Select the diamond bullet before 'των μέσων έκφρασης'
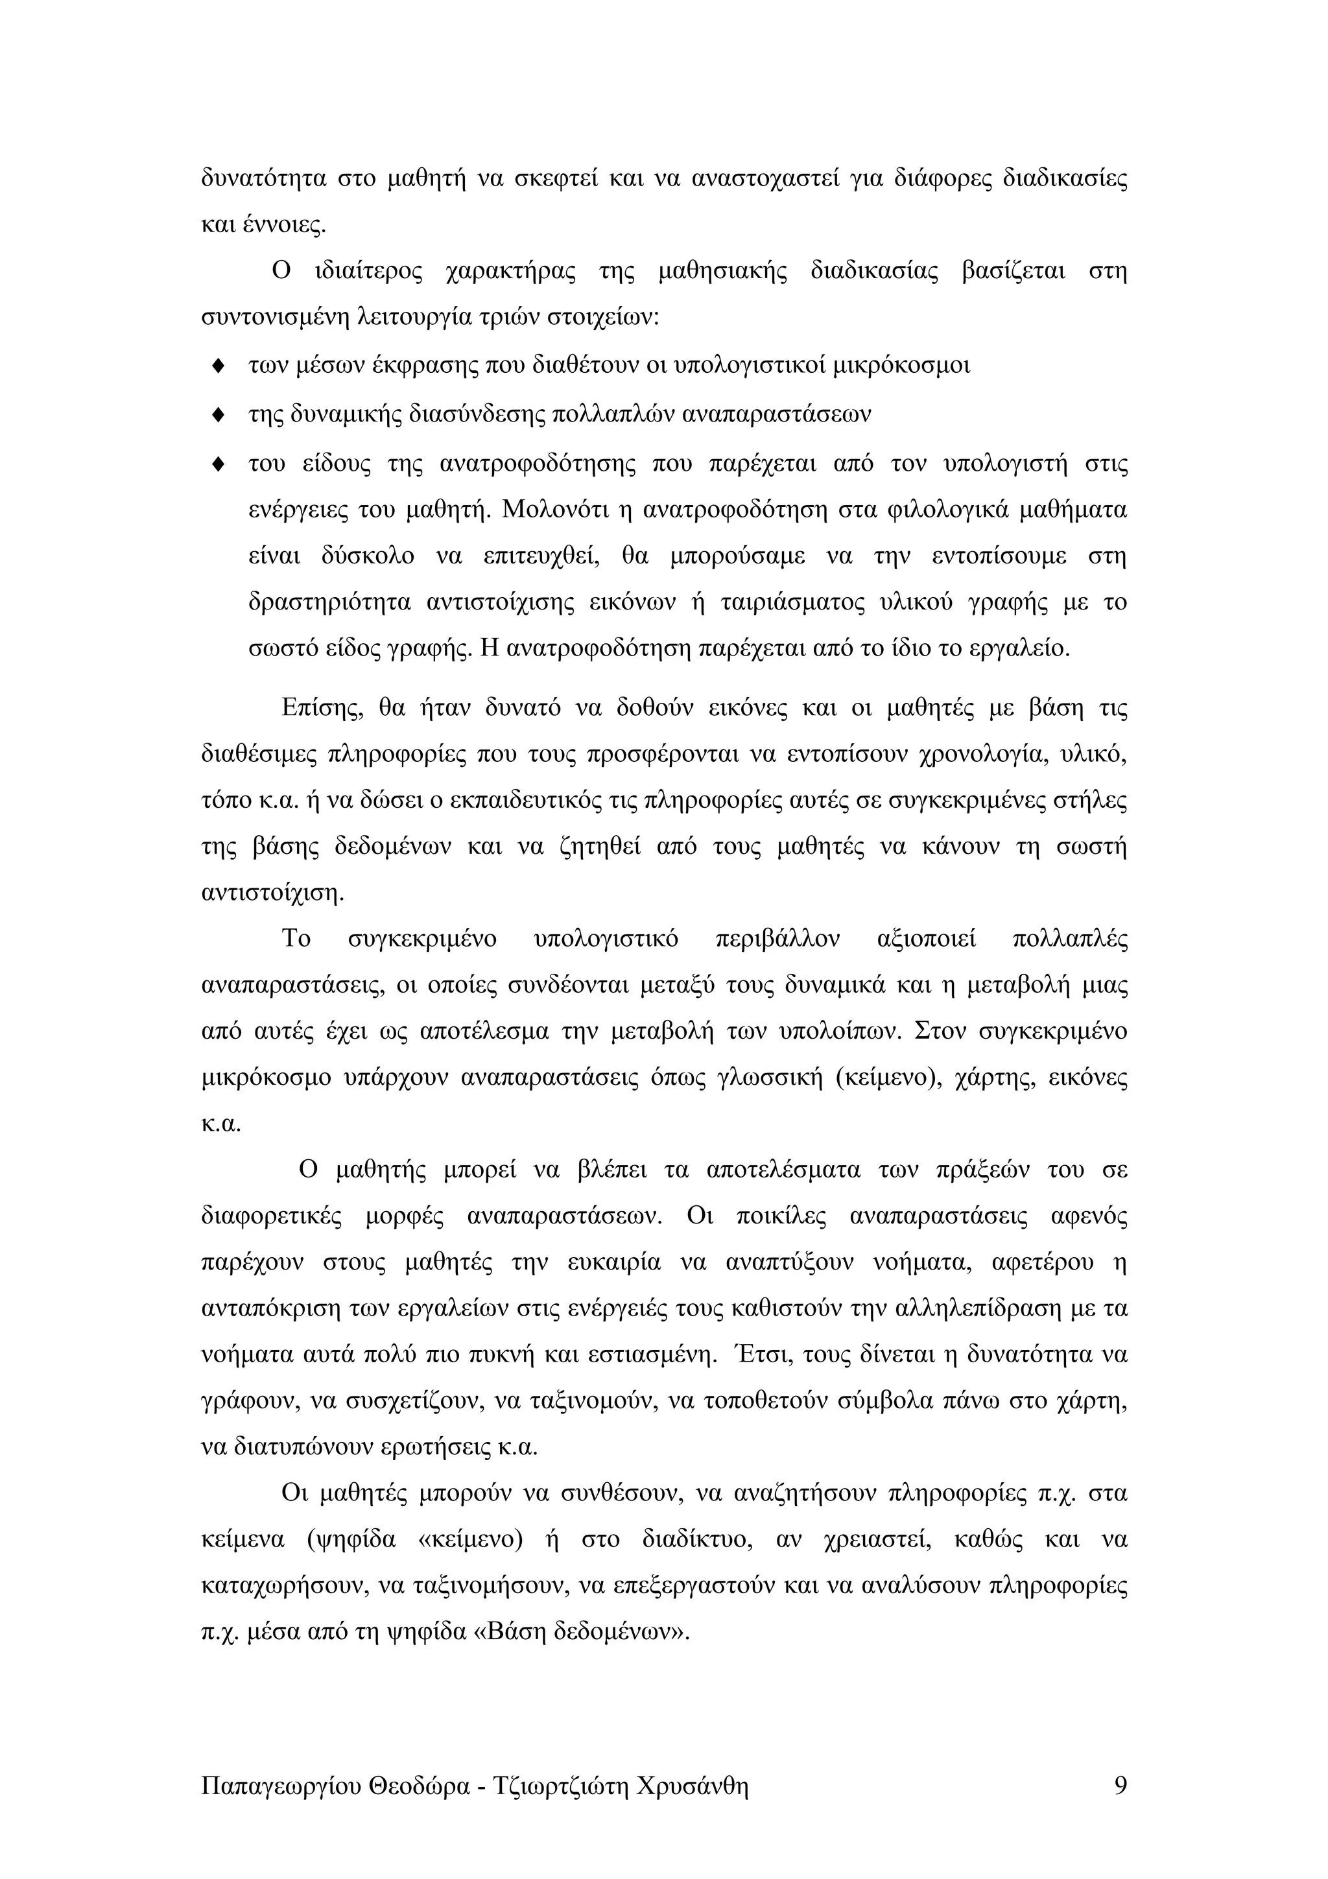click(x=218, y=366)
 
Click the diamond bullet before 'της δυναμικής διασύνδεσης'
click(x=218, y=415)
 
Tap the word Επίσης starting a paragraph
click(x=322, y=708)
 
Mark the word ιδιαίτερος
click(x=368, y=270)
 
